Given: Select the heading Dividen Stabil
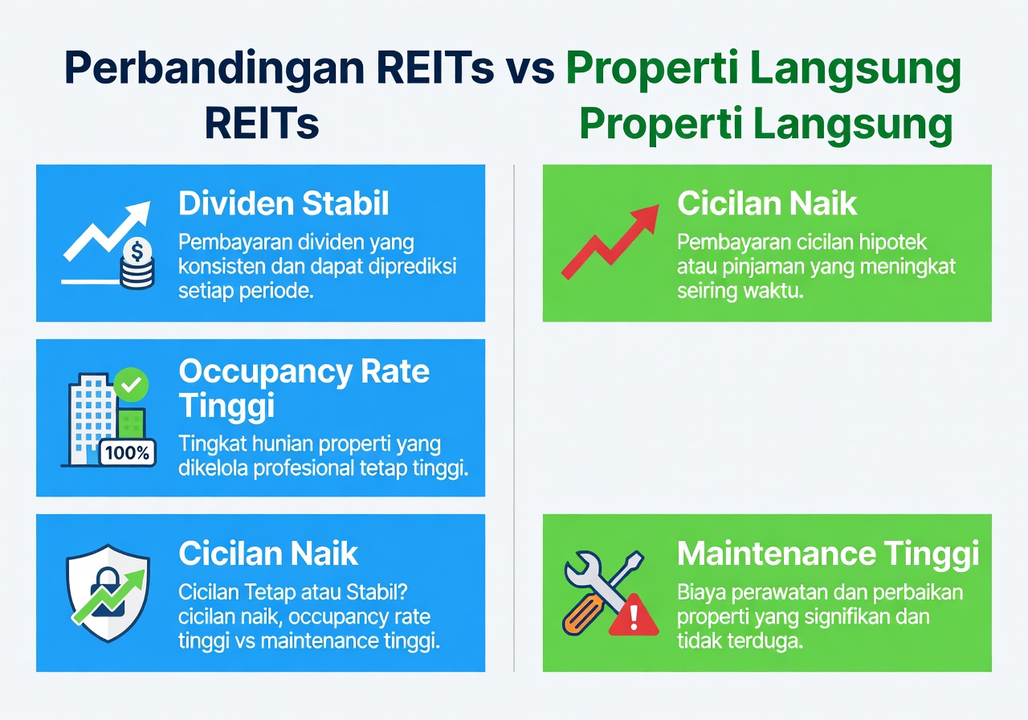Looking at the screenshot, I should (x=284, y=203).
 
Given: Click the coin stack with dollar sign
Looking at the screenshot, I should (x=137, y=265).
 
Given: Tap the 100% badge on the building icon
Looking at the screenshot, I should (x=127, y=452).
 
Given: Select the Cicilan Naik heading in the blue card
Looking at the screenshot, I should (x=268, y=553).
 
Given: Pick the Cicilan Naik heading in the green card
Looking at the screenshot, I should (x=767, y=203).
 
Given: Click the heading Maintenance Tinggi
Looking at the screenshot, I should (x=827, y=553).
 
